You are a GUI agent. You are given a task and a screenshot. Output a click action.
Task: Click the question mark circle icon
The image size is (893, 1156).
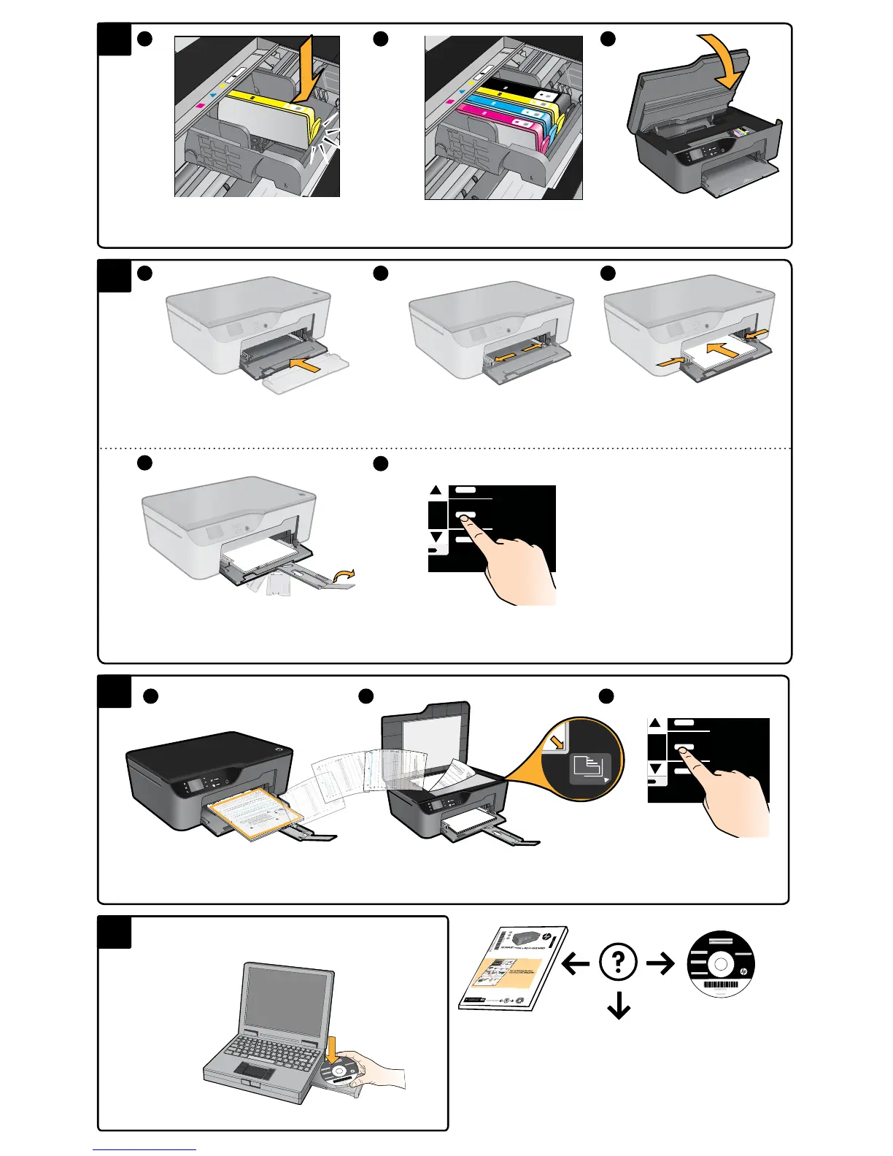[619, 963]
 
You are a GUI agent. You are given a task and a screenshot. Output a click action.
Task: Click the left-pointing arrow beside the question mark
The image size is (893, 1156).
[576, 964]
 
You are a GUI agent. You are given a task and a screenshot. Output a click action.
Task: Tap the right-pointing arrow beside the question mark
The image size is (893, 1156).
[661, 964]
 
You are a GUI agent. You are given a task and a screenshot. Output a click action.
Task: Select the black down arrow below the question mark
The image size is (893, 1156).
[619, 1006]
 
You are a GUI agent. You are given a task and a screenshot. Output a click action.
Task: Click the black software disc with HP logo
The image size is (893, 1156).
[721, 965]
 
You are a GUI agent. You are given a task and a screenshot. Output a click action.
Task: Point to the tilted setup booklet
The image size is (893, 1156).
[514, 968]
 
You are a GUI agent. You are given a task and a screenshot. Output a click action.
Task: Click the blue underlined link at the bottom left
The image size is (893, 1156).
[144, 1150]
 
